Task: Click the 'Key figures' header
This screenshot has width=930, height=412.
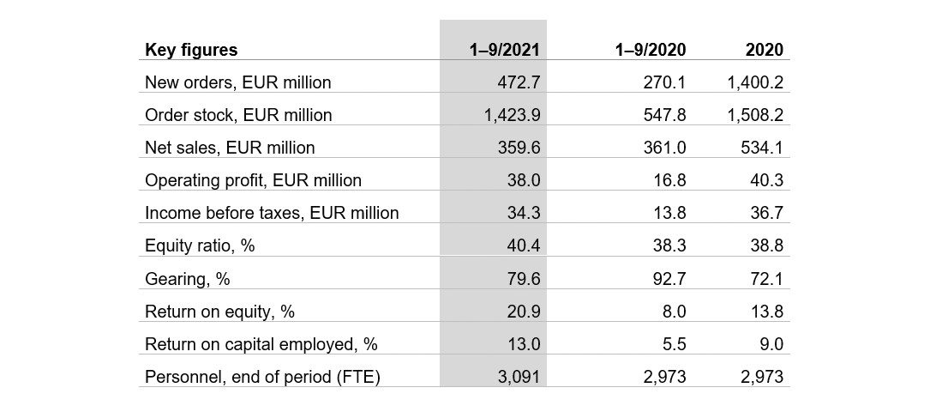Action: click(x=191, y=50)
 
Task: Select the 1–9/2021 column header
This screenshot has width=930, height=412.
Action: click(x=504, y=50)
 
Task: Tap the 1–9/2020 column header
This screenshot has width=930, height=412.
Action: click(x=650, y=50)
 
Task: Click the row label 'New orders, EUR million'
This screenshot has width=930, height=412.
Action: click(x=237, y=82)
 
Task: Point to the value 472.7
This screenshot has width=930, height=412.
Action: click(x=519, y=82)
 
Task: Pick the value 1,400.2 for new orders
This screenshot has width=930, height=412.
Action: click(x=755, y=82)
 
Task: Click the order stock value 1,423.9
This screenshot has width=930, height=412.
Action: click(x=511, y=115)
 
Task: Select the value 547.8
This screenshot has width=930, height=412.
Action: click(x=664, y=115)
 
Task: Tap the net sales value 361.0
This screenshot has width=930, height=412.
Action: click(x=664, y=148)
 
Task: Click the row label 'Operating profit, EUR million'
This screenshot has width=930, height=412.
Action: click(x=253, y=180)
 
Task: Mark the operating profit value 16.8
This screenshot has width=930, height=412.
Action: click(x=669, y=180)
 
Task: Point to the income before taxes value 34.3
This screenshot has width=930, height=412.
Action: click(x=523, y=213)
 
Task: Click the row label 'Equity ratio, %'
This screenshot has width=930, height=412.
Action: click(x=200, y=246)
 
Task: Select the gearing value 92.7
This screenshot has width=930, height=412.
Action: click(x=669, y=279)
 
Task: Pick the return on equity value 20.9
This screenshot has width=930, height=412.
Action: click(x=523, y=312)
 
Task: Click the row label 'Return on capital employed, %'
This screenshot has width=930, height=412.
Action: click(x=261, y=344)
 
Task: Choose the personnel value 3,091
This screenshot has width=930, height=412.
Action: click(x=519, y=377)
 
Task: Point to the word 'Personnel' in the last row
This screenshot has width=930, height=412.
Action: click(x=180, y=377)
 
